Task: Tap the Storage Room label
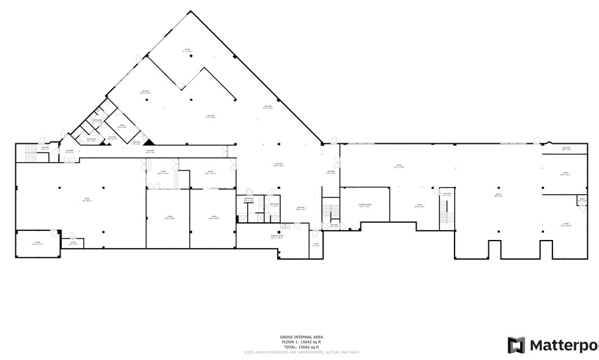[365, 206]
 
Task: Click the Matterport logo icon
[516, 345]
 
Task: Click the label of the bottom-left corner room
[37, 243]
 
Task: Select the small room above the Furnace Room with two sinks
[248, 200]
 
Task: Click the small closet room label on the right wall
[581, 200]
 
